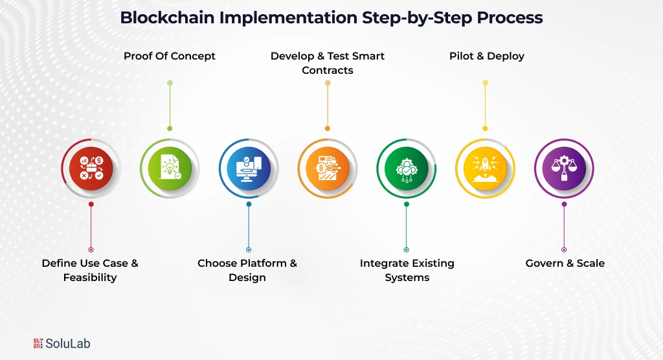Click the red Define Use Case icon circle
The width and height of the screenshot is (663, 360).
coord(91,168)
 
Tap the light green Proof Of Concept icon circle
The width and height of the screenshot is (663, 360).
coord(170,168)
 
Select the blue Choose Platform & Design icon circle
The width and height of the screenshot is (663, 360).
coord(249,168)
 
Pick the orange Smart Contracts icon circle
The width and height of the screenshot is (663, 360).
coord(328,168)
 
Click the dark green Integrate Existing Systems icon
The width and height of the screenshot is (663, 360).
coord(407,168)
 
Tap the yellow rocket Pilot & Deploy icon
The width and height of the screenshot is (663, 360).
coord(485,168)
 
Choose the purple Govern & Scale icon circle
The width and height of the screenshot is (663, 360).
coord(564,168)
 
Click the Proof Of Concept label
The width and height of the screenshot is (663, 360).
coord(170,56)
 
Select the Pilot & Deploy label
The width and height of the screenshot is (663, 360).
coord(487,56)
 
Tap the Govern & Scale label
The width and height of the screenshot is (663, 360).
coord(565,264)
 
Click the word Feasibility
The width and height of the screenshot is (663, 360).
coord(90,278)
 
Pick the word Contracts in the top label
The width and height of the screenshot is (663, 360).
coord(328,70)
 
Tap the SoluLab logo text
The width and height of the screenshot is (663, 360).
coord(68,343)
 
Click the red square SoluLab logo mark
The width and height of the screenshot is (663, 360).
coord(38,343)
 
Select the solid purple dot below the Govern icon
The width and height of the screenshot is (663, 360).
coord(564,204)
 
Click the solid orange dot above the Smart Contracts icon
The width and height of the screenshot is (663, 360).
coord(328,128)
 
